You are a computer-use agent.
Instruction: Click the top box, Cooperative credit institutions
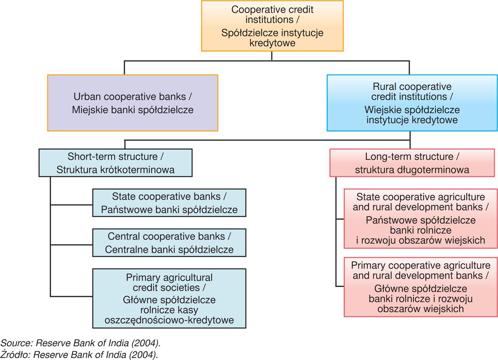272,26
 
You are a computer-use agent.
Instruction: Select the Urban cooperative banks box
132,103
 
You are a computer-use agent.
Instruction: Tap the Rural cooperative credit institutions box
412,103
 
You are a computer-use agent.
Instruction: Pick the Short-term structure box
115,163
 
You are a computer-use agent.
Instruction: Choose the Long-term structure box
412,163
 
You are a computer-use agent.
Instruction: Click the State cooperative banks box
169,203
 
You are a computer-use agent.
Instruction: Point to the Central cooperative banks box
169,243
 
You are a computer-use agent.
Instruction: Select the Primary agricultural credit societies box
169,298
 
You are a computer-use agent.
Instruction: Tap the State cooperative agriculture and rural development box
420,218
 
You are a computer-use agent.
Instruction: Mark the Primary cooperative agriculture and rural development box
420,287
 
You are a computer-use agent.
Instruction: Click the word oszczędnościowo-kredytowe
169,320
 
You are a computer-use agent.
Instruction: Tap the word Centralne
122,249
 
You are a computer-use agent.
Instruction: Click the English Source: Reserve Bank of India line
80,343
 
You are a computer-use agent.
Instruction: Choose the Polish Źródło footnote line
79,355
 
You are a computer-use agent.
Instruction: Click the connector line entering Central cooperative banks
72,245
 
